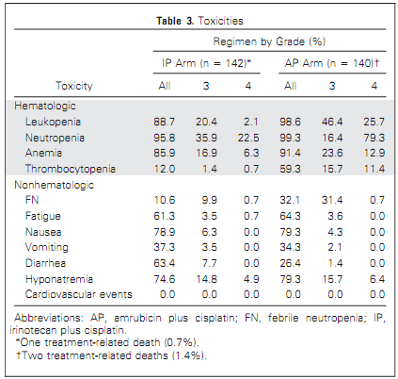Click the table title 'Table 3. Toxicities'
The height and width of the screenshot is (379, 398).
point(199,21)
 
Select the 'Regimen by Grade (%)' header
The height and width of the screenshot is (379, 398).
point(269,41)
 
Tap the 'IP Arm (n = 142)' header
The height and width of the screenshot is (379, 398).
point(206,63)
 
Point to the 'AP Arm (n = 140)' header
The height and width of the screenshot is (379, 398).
point(332,63)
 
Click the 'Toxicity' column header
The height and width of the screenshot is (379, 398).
point(74,86)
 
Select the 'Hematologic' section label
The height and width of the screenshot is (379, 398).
point(45,106)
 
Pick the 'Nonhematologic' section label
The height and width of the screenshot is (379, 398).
point(54,185)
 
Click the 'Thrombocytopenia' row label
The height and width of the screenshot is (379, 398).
point(71,169)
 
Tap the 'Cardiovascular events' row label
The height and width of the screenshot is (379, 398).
point(79,294)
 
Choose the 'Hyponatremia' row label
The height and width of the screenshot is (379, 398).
point(59,279)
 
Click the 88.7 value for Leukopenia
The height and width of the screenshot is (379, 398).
point(165,122)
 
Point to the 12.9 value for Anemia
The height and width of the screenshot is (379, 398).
point(374,153)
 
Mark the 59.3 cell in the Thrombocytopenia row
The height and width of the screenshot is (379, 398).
point(290,169)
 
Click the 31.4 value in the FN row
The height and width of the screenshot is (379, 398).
point(332,200)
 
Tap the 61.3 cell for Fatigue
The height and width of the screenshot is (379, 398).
point(165,216)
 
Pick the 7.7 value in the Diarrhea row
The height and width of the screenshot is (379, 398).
point(209,263)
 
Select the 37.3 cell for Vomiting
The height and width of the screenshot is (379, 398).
point(165,247)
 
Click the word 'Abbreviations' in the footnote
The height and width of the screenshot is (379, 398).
point(49,318)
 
